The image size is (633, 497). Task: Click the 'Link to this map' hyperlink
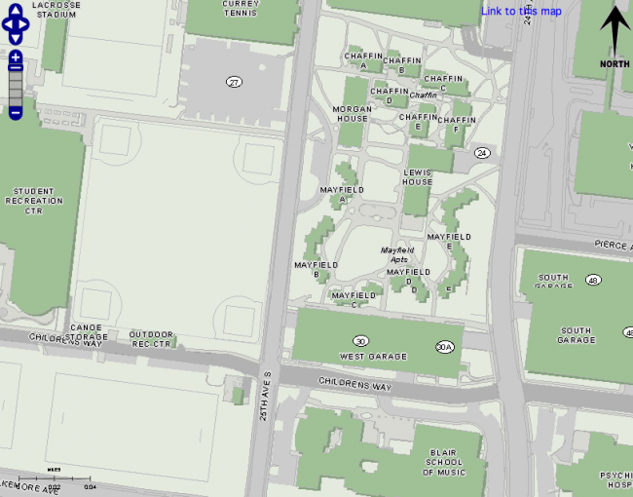click(521, 11)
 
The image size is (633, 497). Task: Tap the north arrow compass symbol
click(614, 35)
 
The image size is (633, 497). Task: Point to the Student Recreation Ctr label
click(36, 201)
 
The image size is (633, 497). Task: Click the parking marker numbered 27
click(234, 82)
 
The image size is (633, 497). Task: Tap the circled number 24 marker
click(481, 153)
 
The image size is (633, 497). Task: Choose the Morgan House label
click(353, 112)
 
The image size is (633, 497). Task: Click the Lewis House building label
click(417, 176)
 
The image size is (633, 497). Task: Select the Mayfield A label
click(342, 194)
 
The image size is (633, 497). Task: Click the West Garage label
click(373, 357)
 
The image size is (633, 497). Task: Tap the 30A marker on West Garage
click(445, 346)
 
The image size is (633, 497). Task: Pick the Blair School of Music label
click(443, 463)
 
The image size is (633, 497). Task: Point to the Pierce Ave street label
click(613, 247)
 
